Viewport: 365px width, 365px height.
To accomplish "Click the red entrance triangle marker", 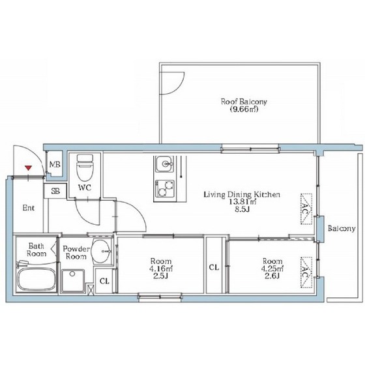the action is (x=28, y=168).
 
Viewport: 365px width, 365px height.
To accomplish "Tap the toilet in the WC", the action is (x=85, y=167).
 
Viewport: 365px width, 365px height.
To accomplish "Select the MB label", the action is (x=55, y=164).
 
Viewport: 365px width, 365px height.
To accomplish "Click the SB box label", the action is (x=55, y=191).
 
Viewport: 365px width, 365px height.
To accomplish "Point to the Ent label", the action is (x=29, y=208).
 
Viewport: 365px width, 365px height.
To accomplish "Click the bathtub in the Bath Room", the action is (x=36, y=280).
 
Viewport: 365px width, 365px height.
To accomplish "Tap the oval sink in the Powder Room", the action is (x=101, y=252).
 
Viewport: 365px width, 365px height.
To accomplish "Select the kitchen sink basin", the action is (x=164, y=164).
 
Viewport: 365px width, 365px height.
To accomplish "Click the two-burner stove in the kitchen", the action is (x=165, y=188).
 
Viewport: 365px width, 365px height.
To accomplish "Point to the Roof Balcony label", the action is (x=244, y=102).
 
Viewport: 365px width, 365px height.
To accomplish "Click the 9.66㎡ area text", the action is (x=244, y=109).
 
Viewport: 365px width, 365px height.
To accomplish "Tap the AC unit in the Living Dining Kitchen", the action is (x=306, y=209).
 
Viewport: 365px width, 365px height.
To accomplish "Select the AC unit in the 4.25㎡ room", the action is (x=306, y=272).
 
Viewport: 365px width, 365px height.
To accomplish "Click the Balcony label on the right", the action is (x=342, y=229).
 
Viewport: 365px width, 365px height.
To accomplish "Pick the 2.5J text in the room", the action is (x=161, y=276).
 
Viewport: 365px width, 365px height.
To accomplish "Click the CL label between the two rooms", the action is (x=214, y=267).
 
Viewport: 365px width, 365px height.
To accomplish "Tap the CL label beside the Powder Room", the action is (x=104, y=281).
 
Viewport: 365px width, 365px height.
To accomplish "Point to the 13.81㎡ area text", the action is (x=242, y=202).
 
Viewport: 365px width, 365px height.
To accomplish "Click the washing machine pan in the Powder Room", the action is (x=73, y=281).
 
